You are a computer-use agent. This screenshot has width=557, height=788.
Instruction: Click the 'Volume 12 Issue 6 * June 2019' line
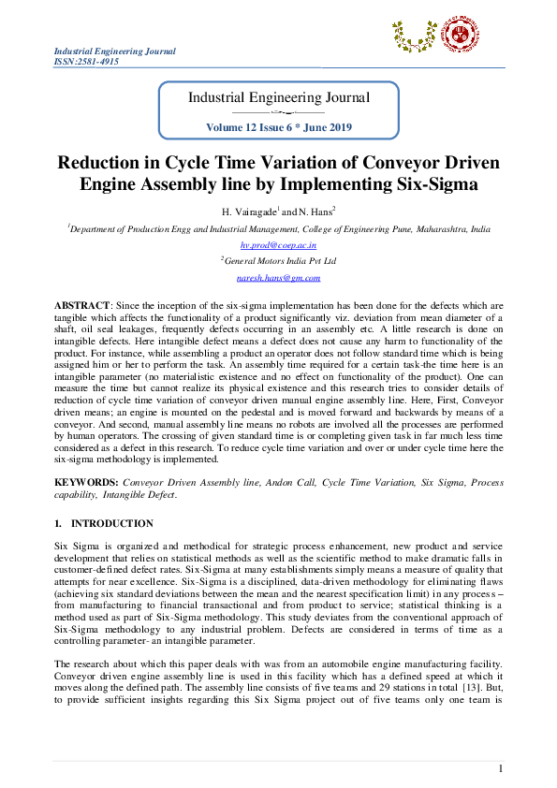(x=280, y=126)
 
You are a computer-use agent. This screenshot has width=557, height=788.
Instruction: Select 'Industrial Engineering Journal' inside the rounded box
(x=279, y=97)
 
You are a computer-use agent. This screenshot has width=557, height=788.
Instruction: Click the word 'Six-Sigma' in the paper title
(x=433, y=183)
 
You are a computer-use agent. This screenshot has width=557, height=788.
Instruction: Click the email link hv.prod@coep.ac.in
(x=279, y=244)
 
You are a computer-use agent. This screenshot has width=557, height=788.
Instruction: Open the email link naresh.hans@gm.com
(x=279, y=277)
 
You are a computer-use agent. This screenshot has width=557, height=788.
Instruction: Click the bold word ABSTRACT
(x=81, y=305)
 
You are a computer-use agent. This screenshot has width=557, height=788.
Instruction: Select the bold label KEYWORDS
(x=86, y=482)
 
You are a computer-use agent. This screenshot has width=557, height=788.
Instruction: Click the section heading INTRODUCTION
(x=112, y=523)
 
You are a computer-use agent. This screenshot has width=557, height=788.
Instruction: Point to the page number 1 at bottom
(x=501, y=768)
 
